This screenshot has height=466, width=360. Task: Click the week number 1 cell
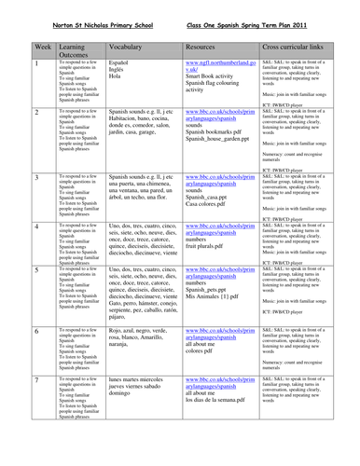tap(10, 62)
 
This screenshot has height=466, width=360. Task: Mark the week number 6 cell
tap(10, 331)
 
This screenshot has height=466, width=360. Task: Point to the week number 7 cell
tap(10, 381)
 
